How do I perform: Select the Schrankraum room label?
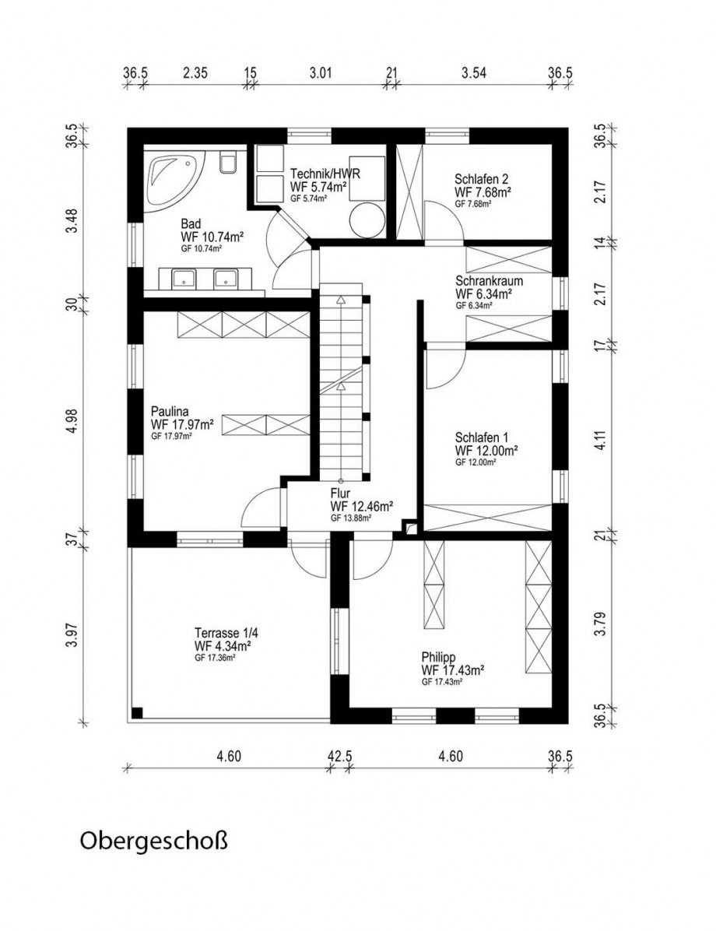pyautogui.click(x=490, y=282)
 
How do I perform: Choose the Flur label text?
pyautogui.click(x=341, y=493)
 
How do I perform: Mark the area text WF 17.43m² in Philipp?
pyautogui.click(x=454, y=669)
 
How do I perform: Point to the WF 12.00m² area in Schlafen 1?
pyautogui.click(x=486, y=450)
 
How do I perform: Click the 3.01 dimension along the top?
pyautogui.click(x=321, y=74)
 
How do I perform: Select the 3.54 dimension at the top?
pyautogui.click(x=473, y=74)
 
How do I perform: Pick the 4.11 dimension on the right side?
pyautogui.click(x=599, y=441)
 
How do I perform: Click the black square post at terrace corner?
pyautogui.click(x=138, y=712)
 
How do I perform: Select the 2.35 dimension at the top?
pyautogui.click(x=195, y=74)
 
